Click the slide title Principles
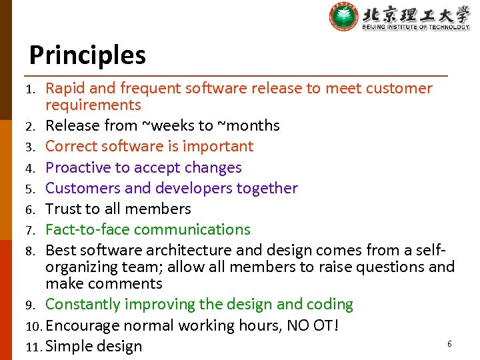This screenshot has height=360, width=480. (87, 55)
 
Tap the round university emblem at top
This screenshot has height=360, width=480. (343, 17)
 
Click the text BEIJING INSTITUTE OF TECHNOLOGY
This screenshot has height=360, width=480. (416, 27)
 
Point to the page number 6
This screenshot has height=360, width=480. (449, 343)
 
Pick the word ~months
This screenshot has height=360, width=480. (249, 125)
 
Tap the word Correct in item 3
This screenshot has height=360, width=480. (72, 146)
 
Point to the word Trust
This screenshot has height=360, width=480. (63, 209)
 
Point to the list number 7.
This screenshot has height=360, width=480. (31, 230)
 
